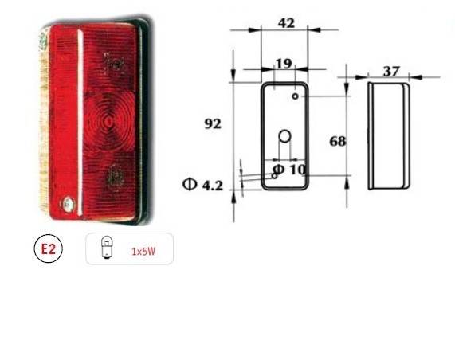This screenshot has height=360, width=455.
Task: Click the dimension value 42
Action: tap(286, 23)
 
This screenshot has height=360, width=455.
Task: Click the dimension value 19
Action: tap(283, 64)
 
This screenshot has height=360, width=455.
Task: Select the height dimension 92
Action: tap(213, 124)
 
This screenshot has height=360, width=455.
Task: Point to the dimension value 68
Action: tap(338, 141)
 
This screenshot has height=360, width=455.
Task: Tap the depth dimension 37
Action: tap(390, 71)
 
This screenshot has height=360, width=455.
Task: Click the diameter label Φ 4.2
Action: tap(203, 186)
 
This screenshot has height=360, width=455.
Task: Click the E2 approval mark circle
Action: tap(48, 249)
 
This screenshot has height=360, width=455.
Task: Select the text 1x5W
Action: tap(143, 251)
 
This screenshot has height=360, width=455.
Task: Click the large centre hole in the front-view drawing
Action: tap(284, 138)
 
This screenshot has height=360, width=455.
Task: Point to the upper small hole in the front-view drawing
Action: tap(295, 96)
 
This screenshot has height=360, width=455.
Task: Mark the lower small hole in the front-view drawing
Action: tap(275, 175)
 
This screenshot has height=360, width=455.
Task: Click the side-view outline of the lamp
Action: tap(389, 135)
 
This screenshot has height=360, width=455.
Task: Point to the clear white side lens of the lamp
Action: tap(45, 119)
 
